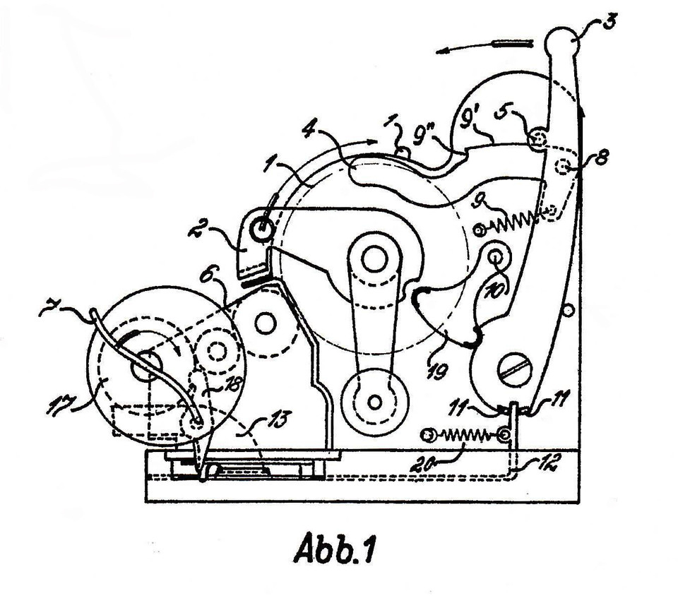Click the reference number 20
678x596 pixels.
pos(422,465)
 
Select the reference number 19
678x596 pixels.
pos(436,370)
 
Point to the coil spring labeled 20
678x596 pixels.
pos(465,435)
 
